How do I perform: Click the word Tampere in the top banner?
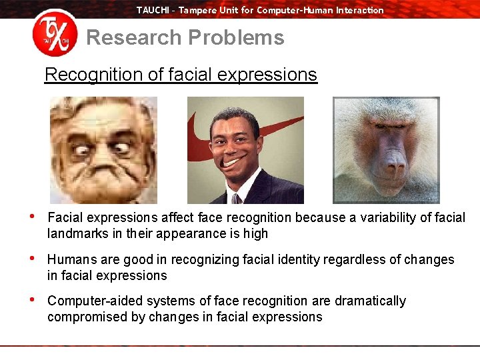tap(198, 10)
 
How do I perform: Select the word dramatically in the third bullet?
tap(371, 301)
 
